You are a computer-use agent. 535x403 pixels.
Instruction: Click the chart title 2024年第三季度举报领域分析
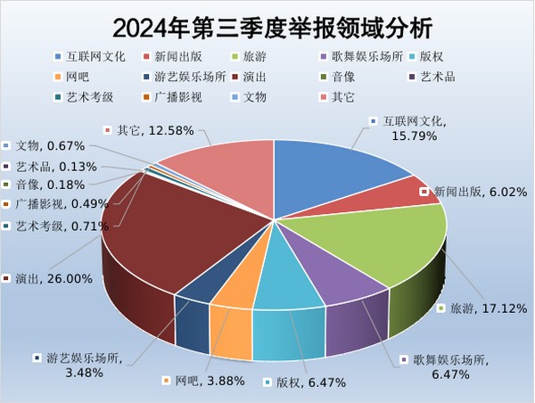(x=267, y=24)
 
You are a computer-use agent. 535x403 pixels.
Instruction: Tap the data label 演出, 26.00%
(x=50, y=279)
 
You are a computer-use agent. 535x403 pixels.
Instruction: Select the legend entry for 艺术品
(x=432, y=76)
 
